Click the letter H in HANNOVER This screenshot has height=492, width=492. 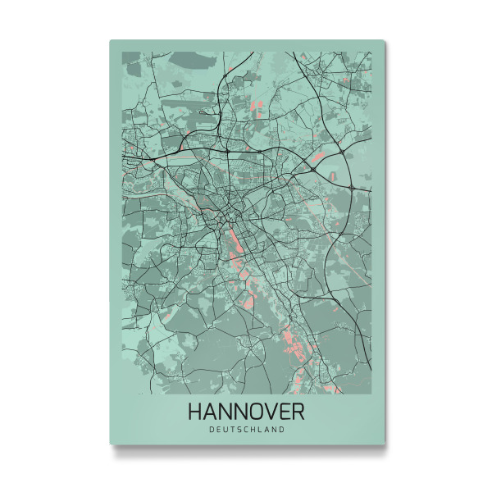[195, 411]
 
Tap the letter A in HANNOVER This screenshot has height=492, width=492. [211, 411]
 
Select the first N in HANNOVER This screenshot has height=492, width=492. [226, 411]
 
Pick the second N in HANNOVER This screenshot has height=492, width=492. [243, 411]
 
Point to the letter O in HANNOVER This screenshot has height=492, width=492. [259, 411]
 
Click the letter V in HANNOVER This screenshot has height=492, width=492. [275, 411]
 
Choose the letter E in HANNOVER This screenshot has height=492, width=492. [288, 411]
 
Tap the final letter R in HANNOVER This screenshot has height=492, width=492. [299, 411]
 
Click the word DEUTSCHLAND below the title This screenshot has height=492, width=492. [247, 429]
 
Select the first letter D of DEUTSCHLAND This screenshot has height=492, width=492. [212, 429]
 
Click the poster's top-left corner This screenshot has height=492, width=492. [110, 40]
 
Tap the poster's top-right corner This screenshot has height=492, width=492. [384, 40]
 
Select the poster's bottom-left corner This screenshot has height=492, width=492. [110, 444]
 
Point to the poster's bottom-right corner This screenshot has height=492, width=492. [384, 444]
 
